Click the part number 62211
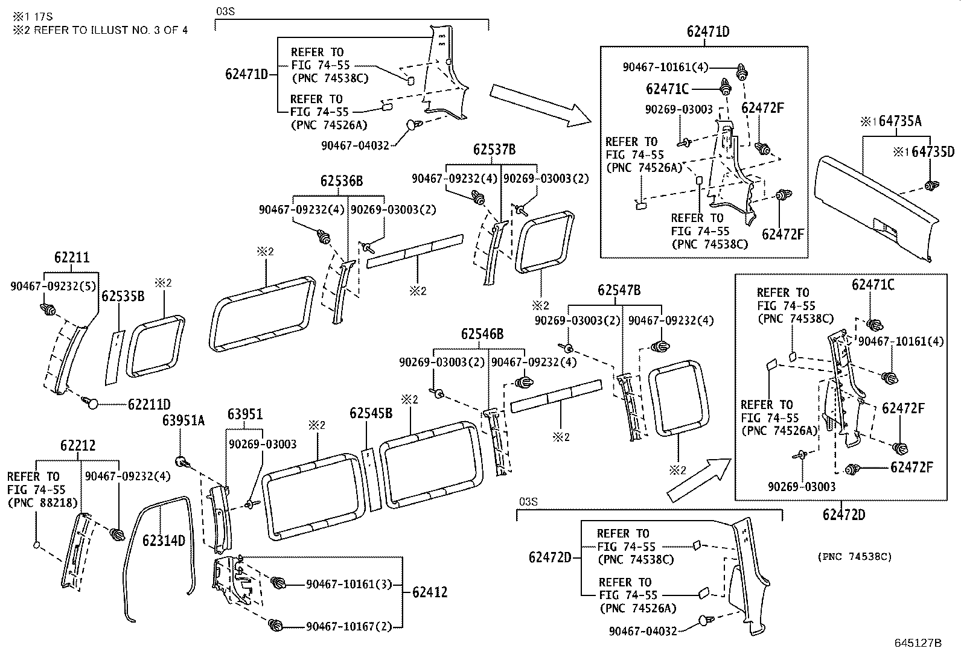(72, 258)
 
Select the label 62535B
(123, 296)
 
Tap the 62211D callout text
(149, 404)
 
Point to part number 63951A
(183, 420)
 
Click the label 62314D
(164, 541)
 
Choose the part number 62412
(429, 592)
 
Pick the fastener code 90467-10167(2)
(349, 627)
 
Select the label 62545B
(371, 413)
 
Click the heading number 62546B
(482, 334)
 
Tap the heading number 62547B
(619, 290)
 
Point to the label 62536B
(342, 181)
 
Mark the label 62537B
(494, 149)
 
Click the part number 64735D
(933, 152)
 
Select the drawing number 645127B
(918, 643)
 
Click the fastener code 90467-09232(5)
(54, 286)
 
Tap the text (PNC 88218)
(42, 503)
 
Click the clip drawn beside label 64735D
(931, 186)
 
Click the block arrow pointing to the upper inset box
(541, 106)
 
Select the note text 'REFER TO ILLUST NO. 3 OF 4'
(110, 30)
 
